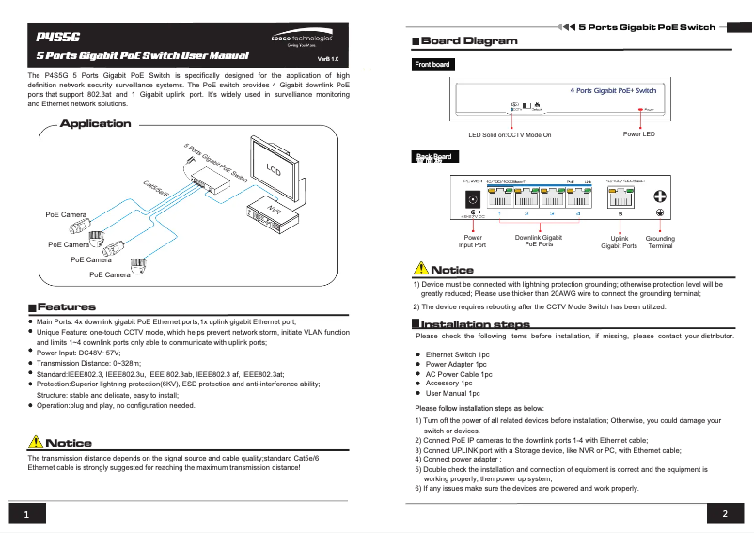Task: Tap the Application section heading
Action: (x=96, y=124)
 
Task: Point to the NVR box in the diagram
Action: (x=274, y=216)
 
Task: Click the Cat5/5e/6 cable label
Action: (x=156, y=189)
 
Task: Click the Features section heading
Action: (x=66, y=307)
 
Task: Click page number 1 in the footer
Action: (x=27, y=515)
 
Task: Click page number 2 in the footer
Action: (x=725, y=514)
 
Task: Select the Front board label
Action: (x=432, y=65)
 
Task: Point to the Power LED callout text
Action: (x=638, y=134)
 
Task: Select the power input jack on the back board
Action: (x=473, y=198)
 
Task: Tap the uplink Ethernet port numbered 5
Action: (x=620, y=197)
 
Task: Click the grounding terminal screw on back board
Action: (x=661, y=196)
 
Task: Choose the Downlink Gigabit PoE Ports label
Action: (x=539, y=242)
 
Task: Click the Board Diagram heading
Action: (x=469, y=41)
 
